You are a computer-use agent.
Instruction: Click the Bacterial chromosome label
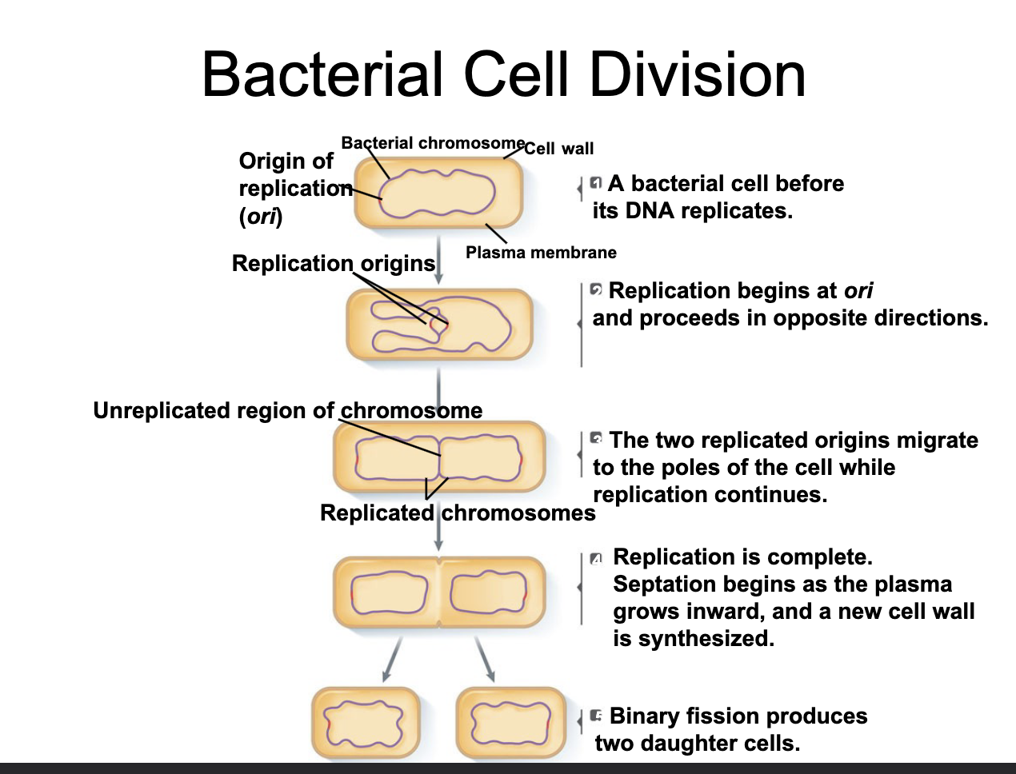(x=433, y=143)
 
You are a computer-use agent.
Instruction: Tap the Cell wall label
(x=559, y=149)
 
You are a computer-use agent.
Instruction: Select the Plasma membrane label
(x=541, y=253)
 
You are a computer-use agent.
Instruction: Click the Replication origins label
(x=333, y=263)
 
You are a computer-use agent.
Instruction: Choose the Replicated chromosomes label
(x=458, y=513)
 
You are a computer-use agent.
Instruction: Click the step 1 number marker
(x=595, y=183)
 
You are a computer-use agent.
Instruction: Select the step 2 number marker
(x=596, y=289)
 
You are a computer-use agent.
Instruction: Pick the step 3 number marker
(x=596, y=438)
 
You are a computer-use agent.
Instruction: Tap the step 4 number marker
(x=595, y=558)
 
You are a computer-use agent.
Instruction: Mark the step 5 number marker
(x=596, y=715)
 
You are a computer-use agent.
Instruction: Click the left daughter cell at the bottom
(x=366, y=723)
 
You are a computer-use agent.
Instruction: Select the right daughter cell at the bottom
(x=510, y=723)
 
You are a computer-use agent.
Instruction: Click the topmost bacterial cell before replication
(x=438, y=192)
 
